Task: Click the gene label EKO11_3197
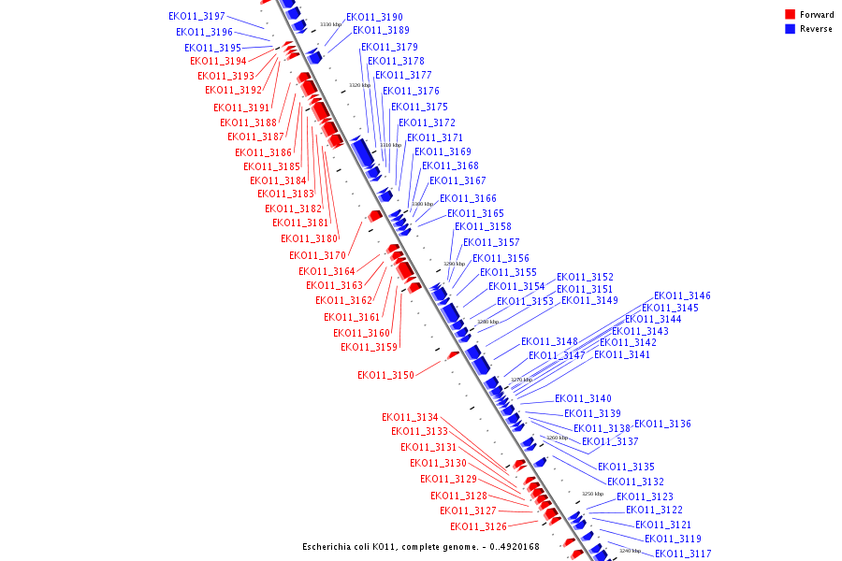[x=196, y=17]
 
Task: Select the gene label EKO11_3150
[x=385, y=375]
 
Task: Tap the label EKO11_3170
[x=317, y=255]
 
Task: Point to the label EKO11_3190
[x=374, y=17]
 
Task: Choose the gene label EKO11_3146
[x=682, y=295]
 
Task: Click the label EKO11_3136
[x=662, y=424]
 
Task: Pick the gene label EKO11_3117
[x=683, y=554]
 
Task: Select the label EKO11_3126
[x=478, y=526]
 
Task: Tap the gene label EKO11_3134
[x=410, y=417]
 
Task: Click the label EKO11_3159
[x=369, y=347]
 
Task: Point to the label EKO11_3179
[x=389, y=47]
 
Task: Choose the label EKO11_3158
[x=483, y=226]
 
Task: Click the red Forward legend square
[x=791, y=15]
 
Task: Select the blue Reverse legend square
[x=791, y=29]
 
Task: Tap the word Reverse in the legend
[x=816, y=29]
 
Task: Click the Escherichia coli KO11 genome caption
[x=420, y=547]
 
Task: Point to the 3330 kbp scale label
[x=330, y=24]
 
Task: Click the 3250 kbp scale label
[x=592, y=494]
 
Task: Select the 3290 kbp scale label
[x=454, y=264]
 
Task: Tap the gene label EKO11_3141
[x=621, y=354]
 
